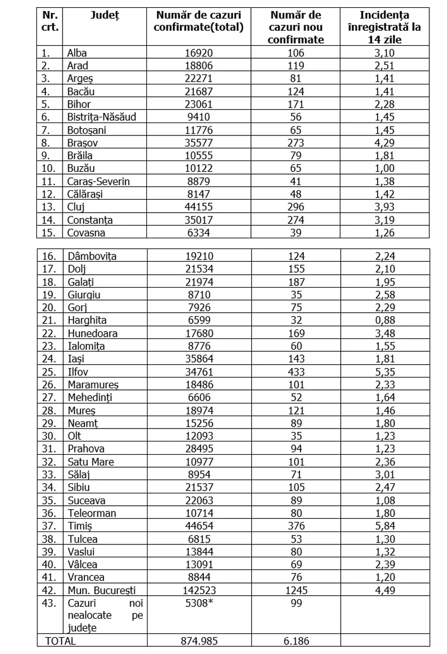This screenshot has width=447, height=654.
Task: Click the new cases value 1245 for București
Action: tap(296, 590)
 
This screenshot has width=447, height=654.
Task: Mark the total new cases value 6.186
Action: tap(296, 641)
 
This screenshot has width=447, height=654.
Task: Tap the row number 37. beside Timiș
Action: tap(50, 525)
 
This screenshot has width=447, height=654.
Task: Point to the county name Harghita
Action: tap(87, 320)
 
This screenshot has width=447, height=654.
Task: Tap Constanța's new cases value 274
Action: tap(296, 220)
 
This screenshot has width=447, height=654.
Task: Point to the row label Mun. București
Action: tap(101, 590)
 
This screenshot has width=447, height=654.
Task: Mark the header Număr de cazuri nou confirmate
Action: tap(296, 27)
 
